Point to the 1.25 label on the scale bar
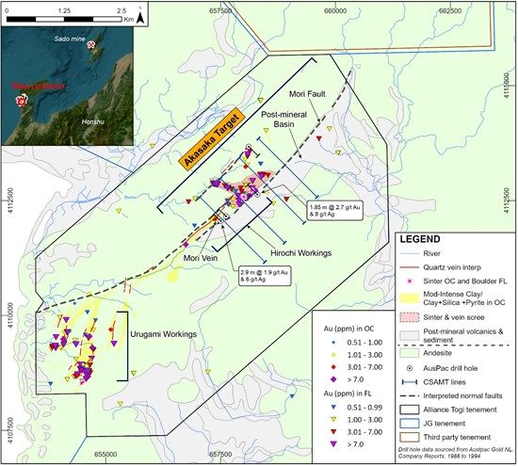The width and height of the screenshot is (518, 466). [x=65, y=8]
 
